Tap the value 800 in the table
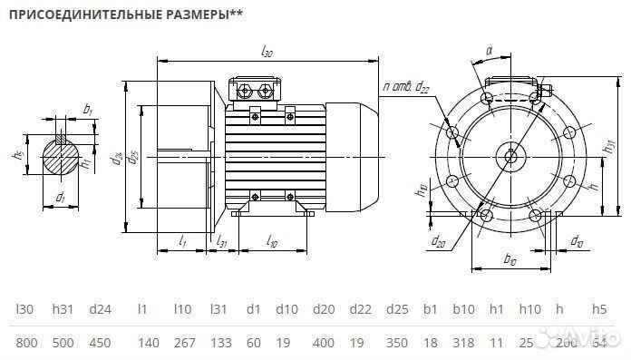(26, 344)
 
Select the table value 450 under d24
(100, 344)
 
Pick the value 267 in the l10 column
(185, 344)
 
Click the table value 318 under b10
(463, 344)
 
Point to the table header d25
(396, 309)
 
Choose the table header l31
(218, 309)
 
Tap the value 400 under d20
(323, 344)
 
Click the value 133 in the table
(220, 344)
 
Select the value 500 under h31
(63, 344)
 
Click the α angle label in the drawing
(489, 52)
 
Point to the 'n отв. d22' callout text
(405, 86)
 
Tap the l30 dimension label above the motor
(267, 53)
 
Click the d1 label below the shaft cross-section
(60, 197)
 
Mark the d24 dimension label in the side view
(116, 161)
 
